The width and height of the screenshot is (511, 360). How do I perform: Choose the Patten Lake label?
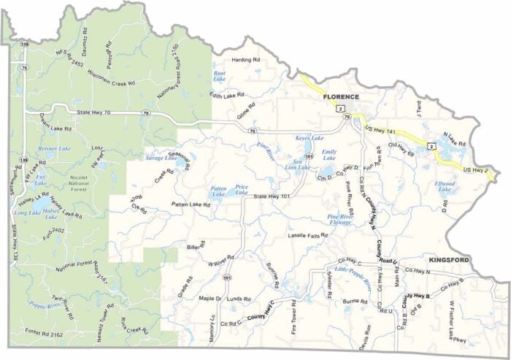[x=218, y=191]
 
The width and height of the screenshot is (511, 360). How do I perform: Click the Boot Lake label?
[x=219, y=76]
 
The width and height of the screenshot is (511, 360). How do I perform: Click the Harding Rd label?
[x=246, y=59]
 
